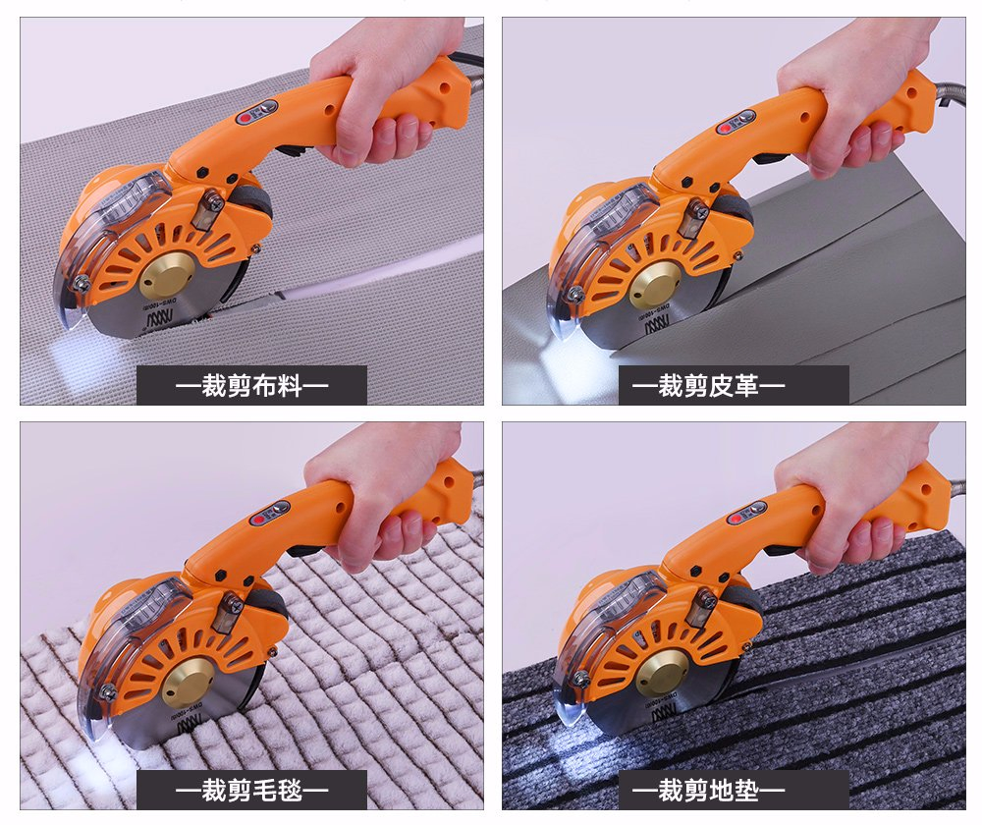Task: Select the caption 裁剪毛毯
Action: [251, 790]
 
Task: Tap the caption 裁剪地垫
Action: [733, 790]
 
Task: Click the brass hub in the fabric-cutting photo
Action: [167, 274]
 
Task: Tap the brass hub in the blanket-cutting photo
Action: [188, 682]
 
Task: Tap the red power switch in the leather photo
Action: [727, 127]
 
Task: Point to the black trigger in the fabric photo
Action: [291, 151]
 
